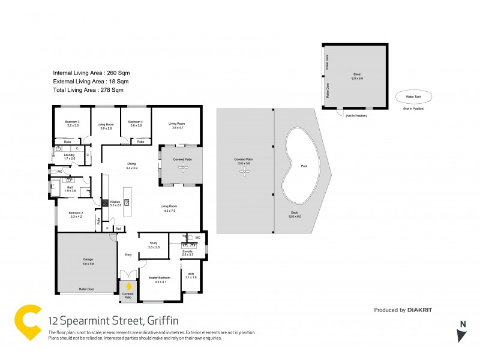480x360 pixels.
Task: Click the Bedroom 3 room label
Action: click(73, 121)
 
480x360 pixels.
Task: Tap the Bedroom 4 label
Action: click(136, 121)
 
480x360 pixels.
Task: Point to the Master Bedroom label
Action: click(160, 278)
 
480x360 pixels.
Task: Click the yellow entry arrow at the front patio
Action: click(128, 286)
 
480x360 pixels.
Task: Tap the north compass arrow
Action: click(461, 335)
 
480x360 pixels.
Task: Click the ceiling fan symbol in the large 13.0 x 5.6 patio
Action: click(244, 172)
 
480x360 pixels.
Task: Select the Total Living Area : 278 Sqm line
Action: click(88, 90)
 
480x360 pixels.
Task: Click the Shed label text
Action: click(357, 74)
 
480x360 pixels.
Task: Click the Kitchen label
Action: click(115, 202)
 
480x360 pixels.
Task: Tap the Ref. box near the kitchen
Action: click(118, 229)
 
